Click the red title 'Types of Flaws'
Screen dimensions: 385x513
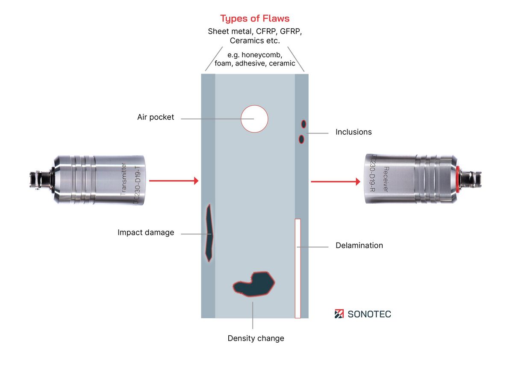(255, 18)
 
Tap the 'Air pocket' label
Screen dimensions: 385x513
(156, 117)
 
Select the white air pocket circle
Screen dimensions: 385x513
(254, 118)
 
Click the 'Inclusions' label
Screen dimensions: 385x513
(354, 132)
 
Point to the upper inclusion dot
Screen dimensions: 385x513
(304, 124)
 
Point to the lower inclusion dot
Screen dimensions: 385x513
(301, 139)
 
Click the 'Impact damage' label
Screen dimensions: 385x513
(146, 233)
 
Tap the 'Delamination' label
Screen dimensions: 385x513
(359, 246)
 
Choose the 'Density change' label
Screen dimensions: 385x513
(256, 338)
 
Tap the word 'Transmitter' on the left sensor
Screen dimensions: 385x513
(124, 180)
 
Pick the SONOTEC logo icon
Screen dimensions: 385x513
(339, 314)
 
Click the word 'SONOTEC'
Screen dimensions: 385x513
(369, 314)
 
